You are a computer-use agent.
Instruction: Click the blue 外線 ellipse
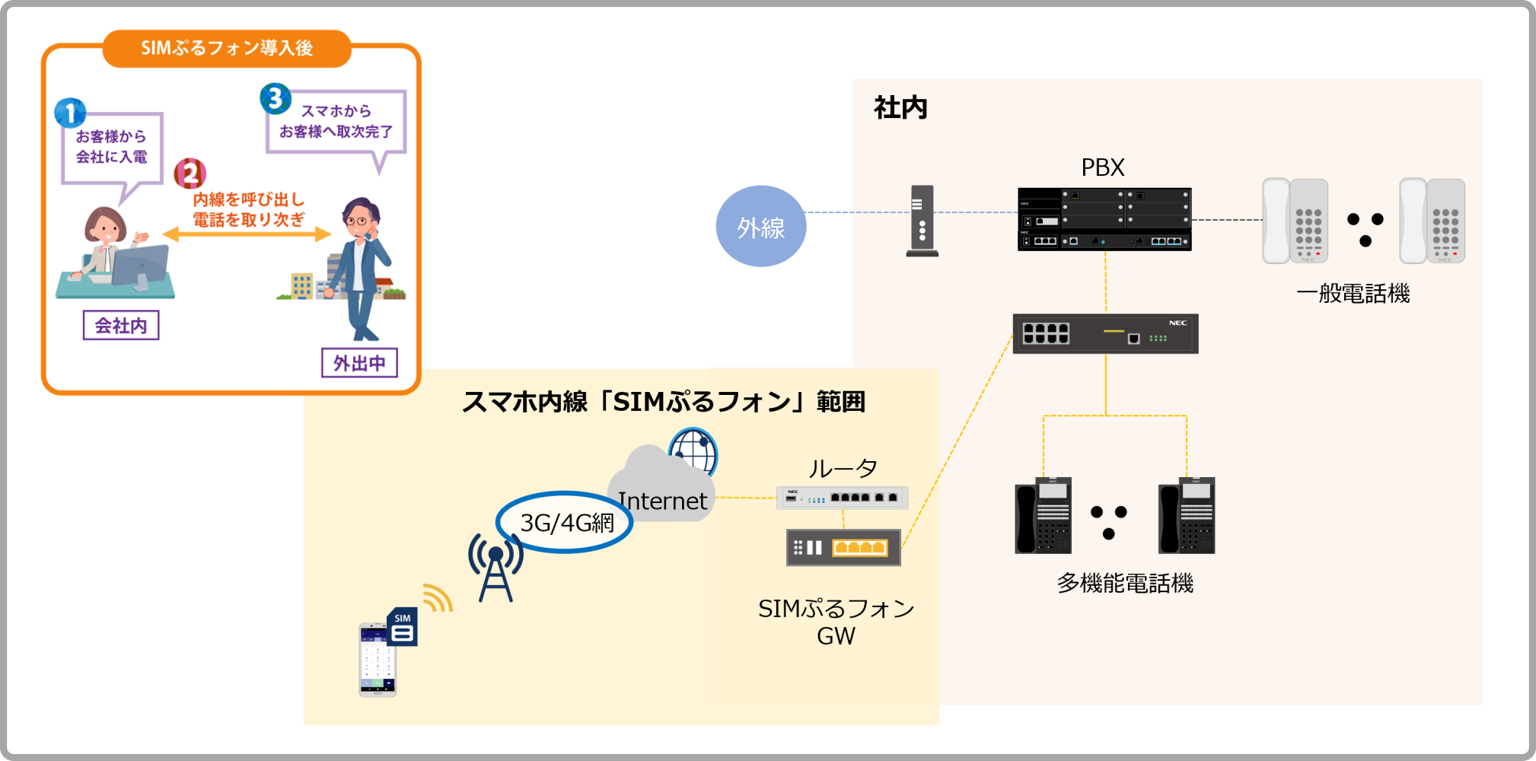point(760,226)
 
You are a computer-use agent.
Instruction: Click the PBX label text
point(1102,167)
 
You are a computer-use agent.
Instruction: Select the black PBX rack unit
point(1104,219)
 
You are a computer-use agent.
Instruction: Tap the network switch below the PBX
point(1105,333)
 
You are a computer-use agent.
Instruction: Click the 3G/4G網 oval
point(565,522)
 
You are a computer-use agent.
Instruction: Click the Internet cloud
point(661,487)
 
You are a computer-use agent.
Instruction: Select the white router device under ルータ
point(842,498)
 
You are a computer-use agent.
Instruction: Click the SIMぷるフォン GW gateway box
point(843,547)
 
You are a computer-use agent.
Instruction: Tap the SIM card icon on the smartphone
point(403,627)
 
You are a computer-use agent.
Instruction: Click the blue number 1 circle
point(70,113)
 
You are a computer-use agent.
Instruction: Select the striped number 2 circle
point(190,174)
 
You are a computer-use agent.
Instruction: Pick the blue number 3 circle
point(276,99)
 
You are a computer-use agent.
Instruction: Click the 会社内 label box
point(121,326)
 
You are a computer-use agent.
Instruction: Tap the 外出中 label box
point(359,363)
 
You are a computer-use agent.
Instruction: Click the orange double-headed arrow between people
point(247,234)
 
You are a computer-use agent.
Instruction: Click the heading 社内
point(900,108)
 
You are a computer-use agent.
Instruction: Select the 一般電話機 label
point(1353,293)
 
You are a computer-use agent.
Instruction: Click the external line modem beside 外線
point(922,221)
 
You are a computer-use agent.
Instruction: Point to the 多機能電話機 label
point(1124,583)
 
